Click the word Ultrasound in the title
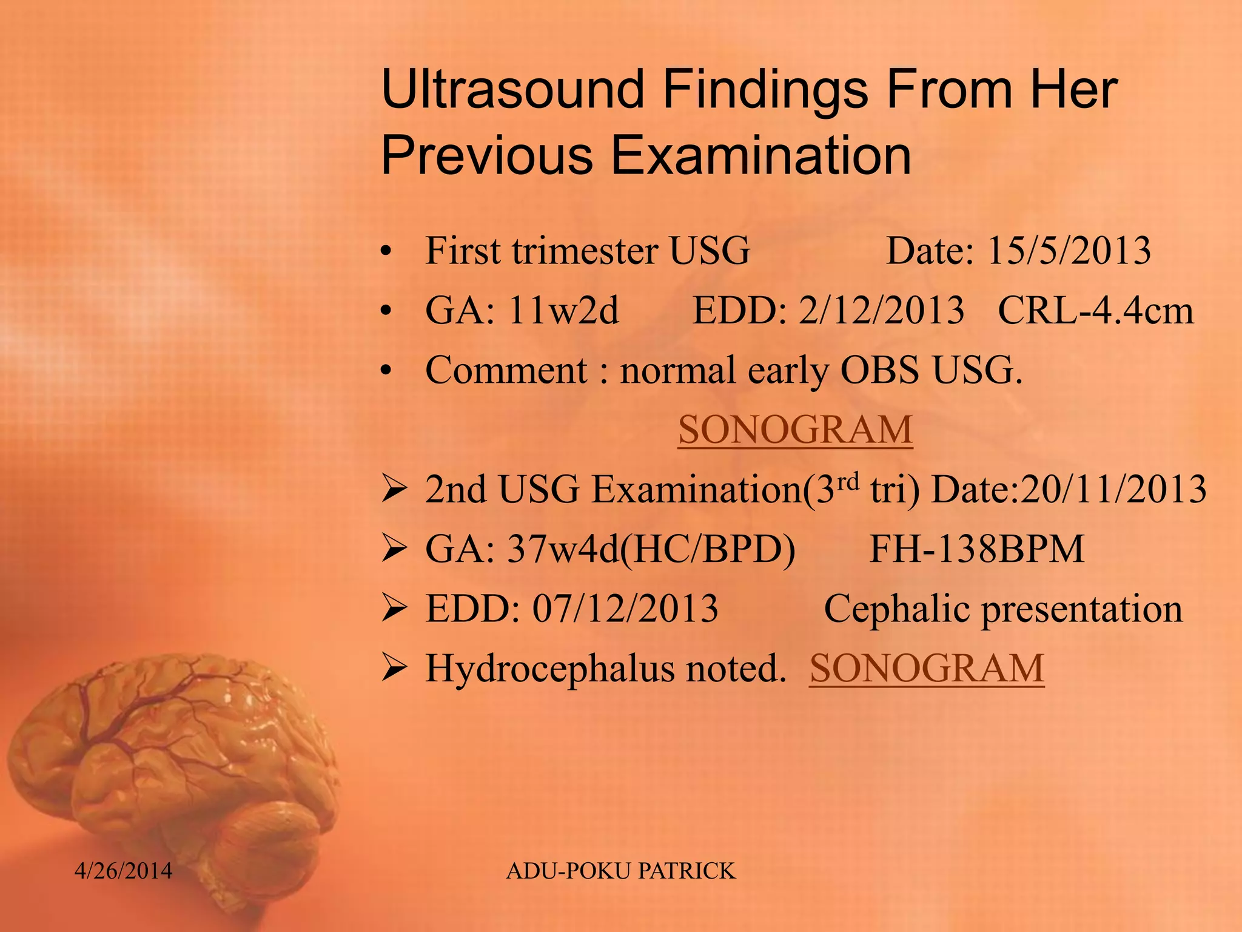click(x=512, y=90)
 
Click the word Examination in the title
click(x=761, y=155)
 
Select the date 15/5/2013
click(x=1069, y=251)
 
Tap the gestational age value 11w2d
click(x=563, y=311)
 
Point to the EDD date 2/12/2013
click(x=881, y=311)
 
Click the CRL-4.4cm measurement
click(x=1095, y=311)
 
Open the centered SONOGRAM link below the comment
click(x=795, y=430)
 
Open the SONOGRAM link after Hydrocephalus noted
click(x=927, y=668)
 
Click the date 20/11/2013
click(x=1113, y=489)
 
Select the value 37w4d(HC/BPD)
click(x=651, y=549)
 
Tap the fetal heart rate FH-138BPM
click(x=976, y=549)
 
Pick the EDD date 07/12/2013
click(x=625, y=609)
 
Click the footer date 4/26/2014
click(x=123, y=871)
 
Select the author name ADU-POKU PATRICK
click(x=620, y=871)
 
